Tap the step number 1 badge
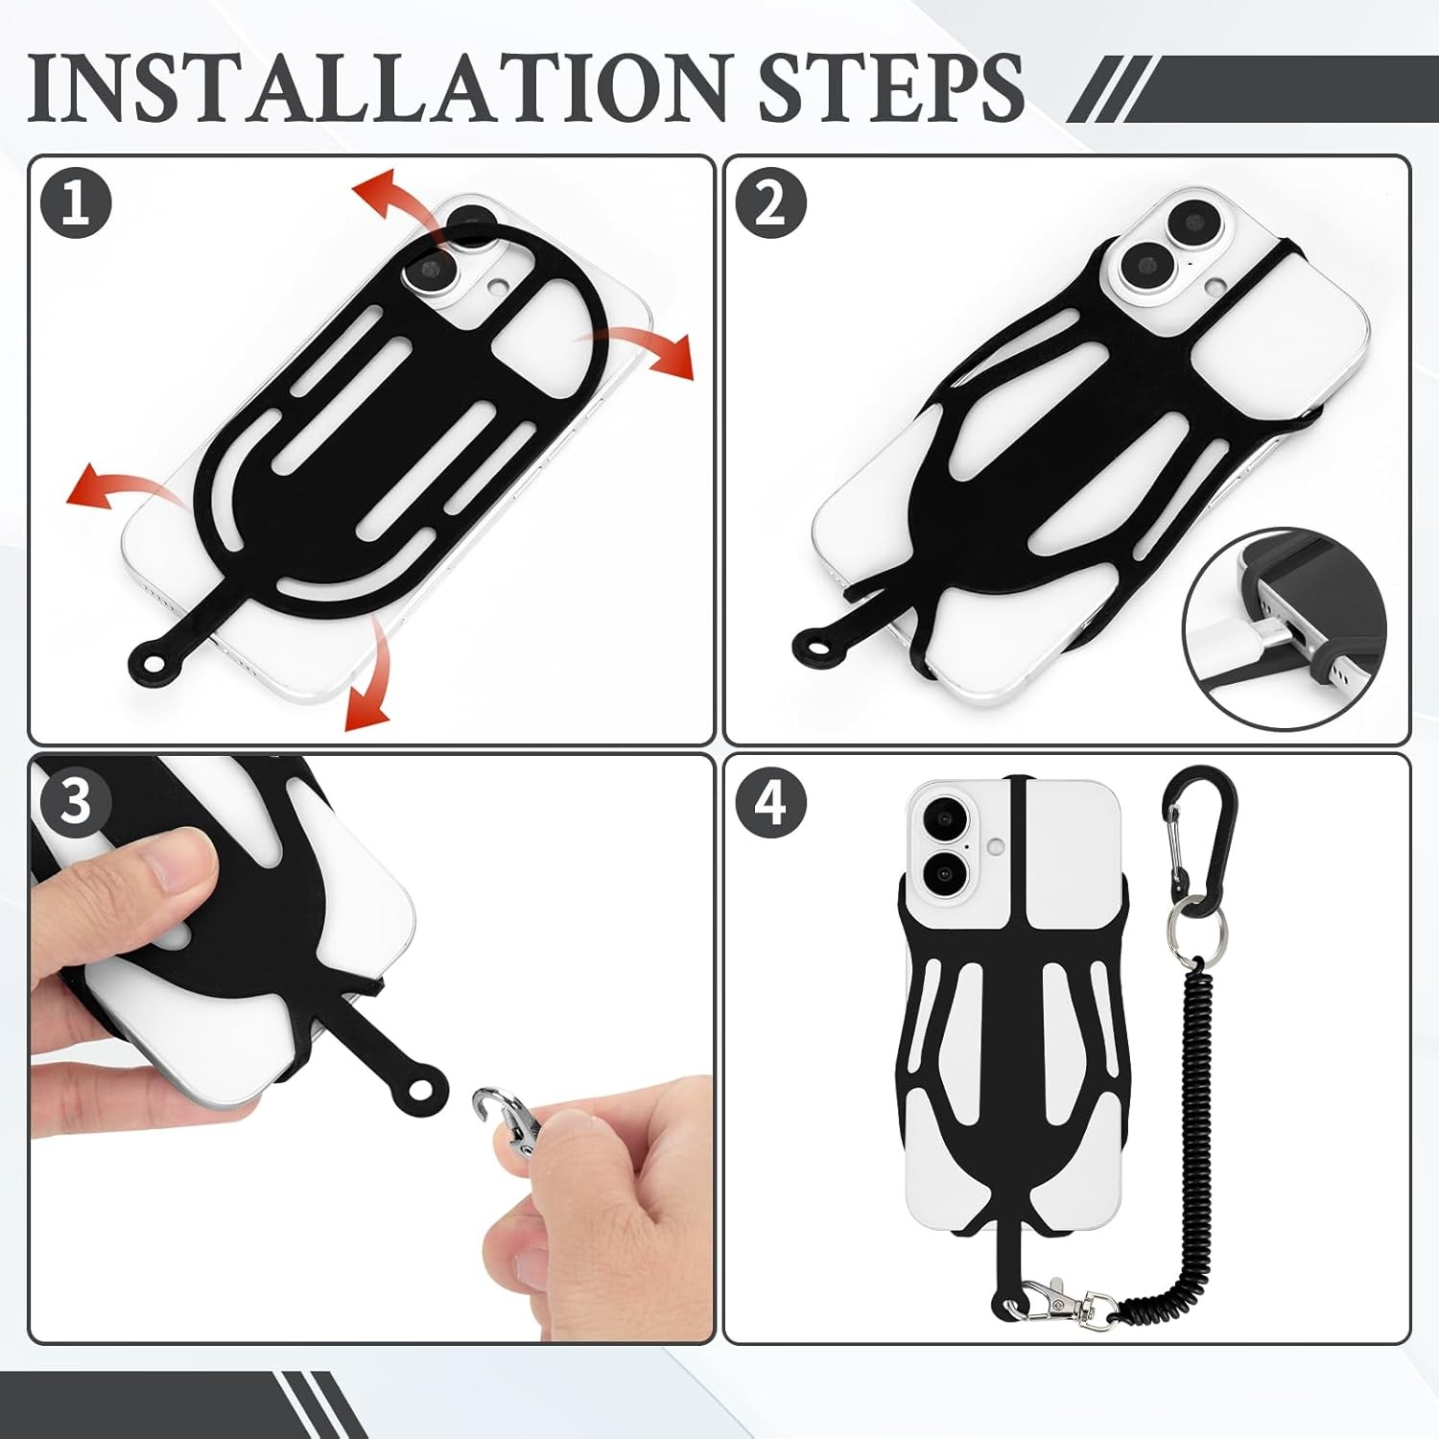[76, 204]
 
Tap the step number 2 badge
[770, 204]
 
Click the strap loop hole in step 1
[151, 661]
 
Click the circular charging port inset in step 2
[1286, 633]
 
